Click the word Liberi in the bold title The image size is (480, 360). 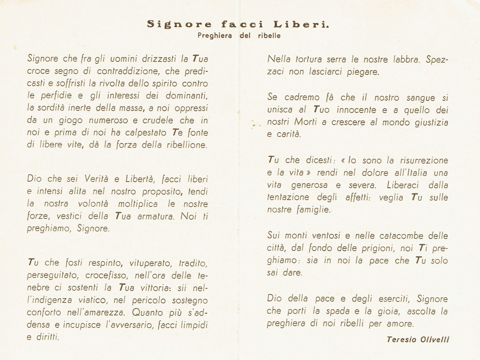tap(301, 24)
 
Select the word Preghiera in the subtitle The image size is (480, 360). tap(215, 36)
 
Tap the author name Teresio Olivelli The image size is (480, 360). tap(418, 339)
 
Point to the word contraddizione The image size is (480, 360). tap(128, 71)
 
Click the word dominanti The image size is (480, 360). tap(186, 95)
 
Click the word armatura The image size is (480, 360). tap(156, 216)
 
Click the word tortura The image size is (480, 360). tap(309, 59)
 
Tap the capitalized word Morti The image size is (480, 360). tap(305, 122)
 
